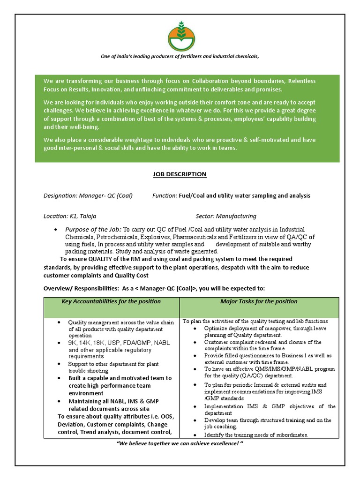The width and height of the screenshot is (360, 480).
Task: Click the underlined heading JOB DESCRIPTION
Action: pos(180,174)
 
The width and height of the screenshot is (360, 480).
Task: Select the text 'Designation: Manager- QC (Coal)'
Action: pos(88,195)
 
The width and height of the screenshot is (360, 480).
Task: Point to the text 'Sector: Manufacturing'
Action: pos(225,216)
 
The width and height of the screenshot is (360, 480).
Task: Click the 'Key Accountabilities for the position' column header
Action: pos(111,301)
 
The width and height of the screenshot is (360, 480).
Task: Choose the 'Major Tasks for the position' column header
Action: pos(259,301)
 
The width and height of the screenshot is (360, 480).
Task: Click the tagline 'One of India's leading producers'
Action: pos(180,57)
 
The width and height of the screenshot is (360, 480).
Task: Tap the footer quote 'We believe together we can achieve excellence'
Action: pos(180,443)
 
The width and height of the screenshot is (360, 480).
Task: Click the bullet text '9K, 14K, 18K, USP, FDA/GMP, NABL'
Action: pos(119,343)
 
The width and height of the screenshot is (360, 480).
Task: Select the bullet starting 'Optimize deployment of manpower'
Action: pos(265,328)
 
